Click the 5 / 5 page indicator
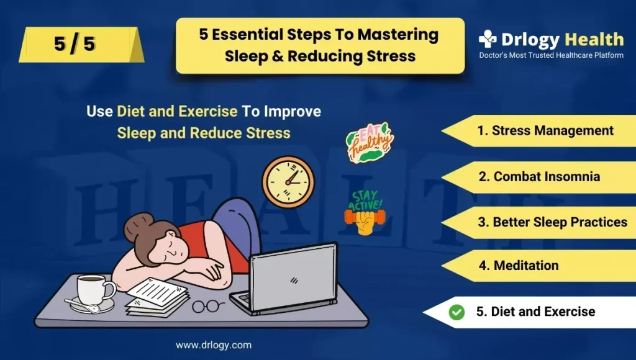(x=75, y=44)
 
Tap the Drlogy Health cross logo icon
(x=487, y=39)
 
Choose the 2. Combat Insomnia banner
(x=539, y=177)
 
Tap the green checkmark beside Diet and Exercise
(x=457, y=312)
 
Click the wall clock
(x=288, y=182)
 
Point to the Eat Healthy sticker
(x=369, y=143)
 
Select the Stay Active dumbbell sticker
(x=364, y=212)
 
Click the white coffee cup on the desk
(x=95, y=289)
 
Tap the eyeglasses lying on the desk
(x=207, y=305)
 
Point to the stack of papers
(x=157, y=298)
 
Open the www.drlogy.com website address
(x=214, y=345)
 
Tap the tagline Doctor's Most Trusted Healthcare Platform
(x=552, y=55)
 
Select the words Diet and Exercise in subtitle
(x=177, y=111)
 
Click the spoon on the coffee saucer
(x=82, y=305)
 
